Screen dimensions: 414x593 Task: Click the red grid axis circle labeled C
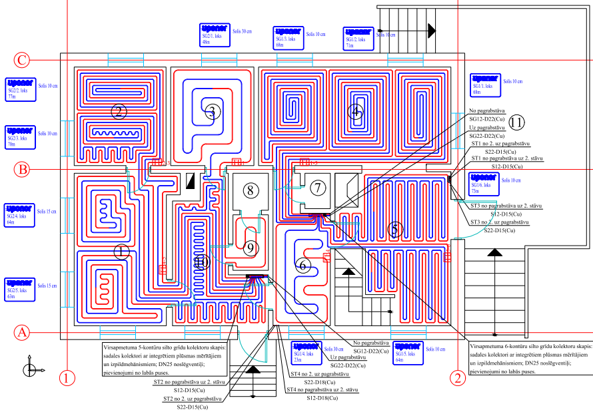(x=22, y=61)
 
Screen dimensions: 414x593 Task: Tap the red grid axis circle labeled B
(x=22, y=170)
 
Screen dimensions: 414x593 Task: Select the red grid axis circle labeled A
(x=22, y=331)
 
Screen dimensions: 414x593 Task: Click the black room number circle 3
(x=212, y=111)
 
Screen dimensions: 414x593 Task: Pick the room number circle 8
(x=251, y=190)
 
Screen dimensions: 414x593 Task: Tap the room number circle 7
(x=318, y=188)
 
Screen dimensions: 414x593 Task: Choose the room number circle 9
(x=251, y=248)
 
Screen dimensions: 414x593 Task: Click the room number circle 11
(x=517, y=122)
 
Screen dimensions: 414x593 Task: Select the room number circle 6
(x=303, y=265)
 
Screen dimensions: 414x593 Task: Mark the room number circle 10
(x=202, y=264)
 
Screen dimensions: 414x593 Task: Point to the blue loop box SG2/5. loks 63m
(x=19, y=289)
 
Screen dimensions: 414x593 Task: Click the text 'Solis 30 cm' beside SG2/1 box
(x=242, y=31)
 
